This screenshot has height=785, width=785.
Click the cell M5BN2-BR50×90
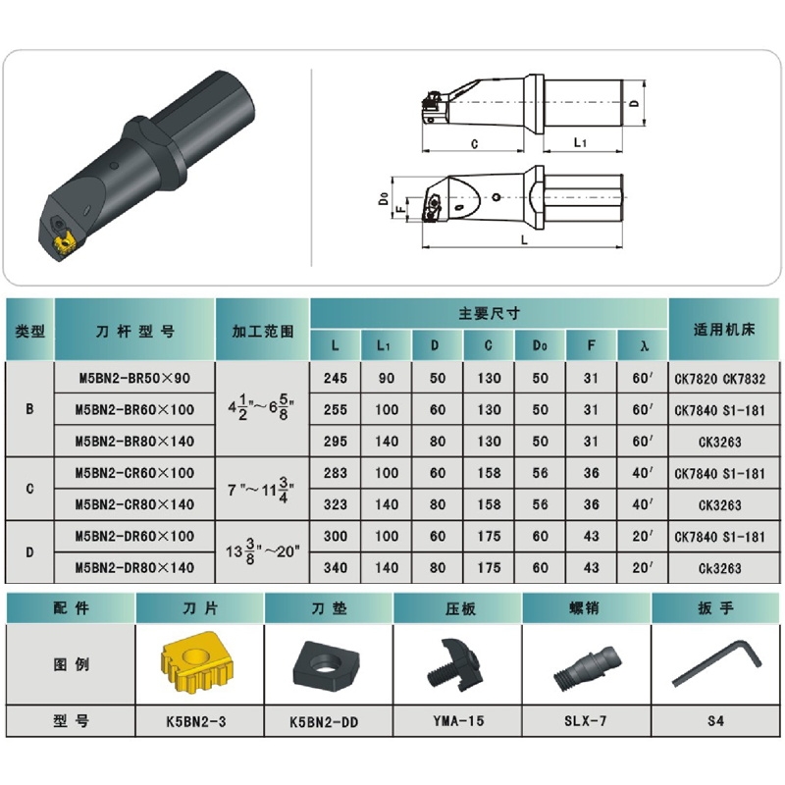(134, 378)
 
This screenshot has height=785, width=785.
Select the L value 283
(335, 473)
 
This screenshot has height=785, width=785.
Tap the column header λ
(643, 345)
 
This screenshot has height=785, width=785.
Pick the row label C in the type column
(29, 489)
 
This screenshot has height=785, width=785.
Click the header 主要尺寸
(489, 314)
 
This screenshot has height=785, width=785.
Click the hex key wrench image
(716, 662)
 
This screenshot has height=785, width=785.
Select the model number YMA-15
(458, 721)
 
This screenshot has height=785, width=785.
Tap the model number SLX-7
(585, 721)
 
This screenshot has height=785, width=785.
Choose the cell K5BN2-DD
(324, 722)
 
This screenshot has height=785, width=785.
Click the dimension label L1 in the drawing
(580, 142)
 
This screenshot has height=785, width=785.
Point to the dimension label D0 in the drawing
(384, 199)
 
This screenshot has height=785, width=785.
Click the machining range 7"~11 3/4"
(261, 489)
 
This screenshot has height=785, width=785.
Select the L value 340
(335, 568)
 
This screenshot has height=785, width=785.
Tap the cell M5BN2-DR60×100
(134, 536)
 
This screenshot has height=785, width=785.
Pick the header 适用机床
(724, 330)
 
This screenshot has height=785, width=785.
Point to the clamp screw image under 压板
(454, 664)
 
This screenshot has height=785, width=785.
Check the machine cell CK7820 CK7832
(720, 379)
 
